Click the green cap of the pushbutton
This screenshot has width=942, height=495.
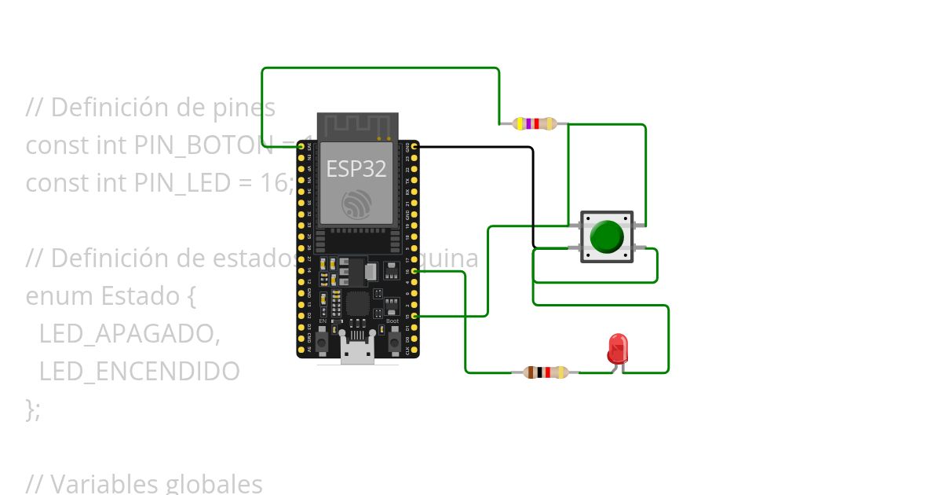(606, 236)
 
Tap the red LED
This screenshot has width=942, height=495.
(618, 348)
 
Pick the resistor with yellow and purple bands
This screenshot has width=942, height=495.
(534, 123)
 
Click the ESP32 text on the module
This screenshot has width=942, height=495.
(356, 169)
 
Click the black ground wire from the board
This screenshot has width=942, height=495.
(533, 196)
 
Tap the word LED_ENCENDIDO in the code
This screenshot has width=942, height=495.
(139, 372)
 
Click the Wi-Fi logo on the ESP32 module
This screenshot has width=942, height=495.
(356, 204)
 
